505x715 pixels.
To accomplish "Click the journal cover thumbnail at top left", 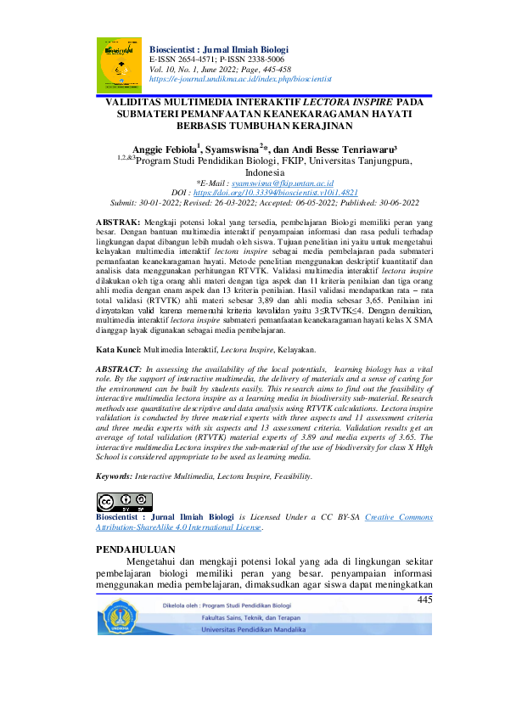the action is click(119, 65).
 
